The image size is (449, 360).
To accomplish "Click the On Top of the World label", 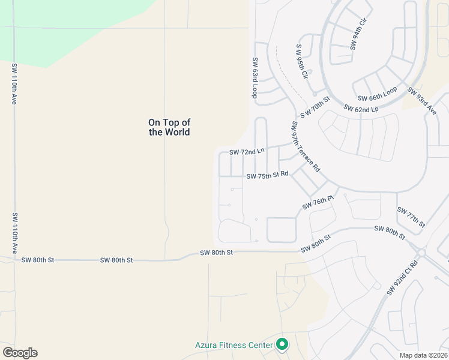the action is (x=169, y=127).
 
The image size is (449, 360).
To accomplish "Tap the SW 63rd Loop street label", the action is (x=255, y=78).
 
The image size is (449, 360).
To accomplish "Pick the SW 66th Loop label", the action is (x=378, y=94).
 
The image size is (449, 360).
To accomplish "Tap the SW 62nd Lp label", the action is (x=361, y=109).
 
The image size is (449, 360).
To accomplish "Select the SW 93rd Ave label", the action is (x=421, y=100).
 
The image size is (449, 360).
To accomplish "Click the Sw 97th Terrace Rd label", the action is (x=306, y=148).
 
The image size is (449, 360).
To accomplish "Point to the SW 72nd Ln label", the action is (x=247, y=152).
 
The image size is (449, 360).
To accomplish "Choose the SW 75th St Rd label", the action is (x=268, y=175).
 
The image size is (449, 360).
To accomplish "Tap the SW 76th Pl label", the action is (x=318, y=202).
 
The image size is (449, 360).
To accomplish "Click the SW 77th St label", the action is (x=411, y=217).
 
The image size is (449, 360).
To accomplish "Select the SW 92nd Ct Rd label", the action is (x=402, y=278).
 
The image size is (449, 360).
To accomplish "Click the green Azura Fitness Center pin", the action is (x=283, y=344).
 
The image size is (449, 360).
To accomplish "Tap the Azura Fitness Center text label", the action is (x=234, y=345).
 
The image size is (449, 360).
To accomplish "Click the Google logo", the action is (x=20, y=353).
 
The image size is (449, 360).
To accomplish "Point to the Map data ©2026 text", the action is (x=423, y=355).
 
